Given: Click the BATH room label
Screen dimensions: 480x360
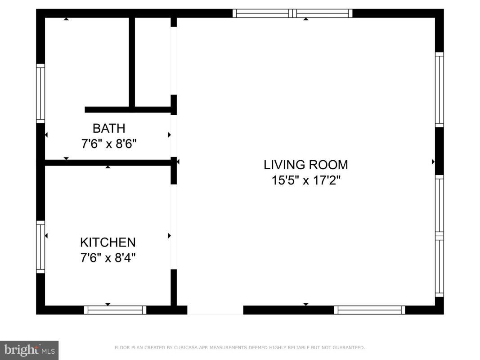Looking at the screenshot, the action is pos(109,128).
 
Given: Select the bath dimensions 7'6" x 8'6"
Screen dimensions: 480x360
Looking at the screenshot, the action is pos(109,144).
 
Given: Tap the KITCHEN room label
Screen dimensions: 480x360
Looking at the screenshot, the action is pos(108,242).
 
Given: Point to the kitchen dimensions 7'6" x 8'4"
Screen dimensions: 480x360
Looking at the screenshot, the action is pos(108,258).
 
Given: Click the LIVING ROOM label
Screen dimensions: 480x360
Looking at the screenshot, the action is pos(306,165).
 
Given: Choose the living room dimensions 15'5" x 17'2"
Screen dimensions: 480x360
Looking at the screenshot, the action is pos(306,180).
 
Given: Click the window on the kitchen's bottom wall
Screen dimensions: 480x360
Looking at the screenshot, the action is pos(115,310).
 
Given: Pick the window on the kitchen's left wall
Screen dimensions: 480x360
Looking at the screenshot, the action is pos(40,247).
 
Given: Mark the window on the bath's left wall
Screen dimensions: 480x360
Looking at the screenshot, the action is pos(40,93).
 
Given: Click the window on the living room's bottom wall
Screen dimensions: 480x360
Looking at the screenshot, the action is pos(369,310).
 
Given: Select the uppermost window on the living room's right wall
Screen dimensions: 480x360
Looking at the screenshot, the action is pos(439,90).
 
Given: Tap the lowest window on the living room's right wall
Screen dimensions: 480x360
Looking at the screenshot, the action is pos(439,266).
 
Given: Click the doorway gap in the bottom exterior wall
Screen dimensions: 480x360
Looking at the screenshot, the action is pos(215,310).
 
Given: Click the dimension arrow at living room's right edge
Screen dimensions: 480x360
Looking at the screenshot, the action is pos(433,162).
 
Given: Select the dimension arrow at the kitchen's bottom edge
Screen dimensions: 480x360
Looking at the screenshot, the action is pos(108,304).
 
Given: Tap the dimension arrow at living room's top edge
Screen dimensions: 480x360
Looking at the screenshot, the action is pos(306,19).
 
